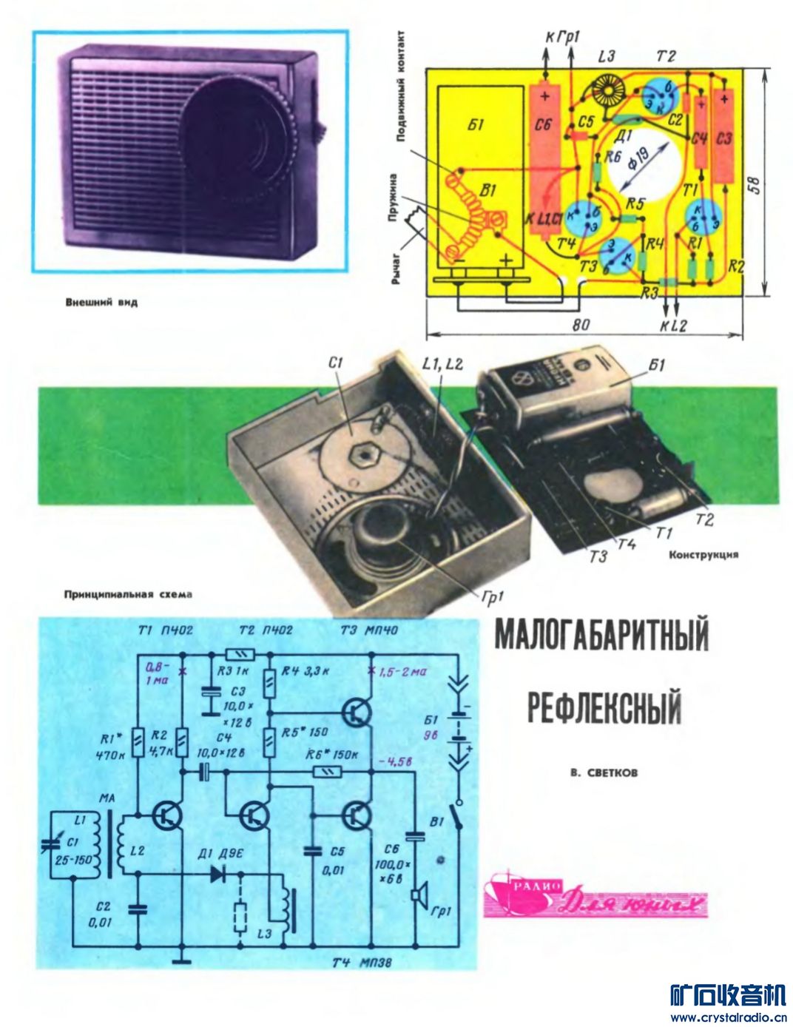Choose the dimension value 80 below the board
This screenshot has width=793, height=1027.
click(x=581, y=325)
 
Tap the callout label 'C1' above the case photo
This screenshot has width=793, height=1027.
click(x=337, y=363)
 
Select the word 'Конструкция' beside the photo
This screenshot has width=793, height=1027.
click(x=703, y=554)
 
